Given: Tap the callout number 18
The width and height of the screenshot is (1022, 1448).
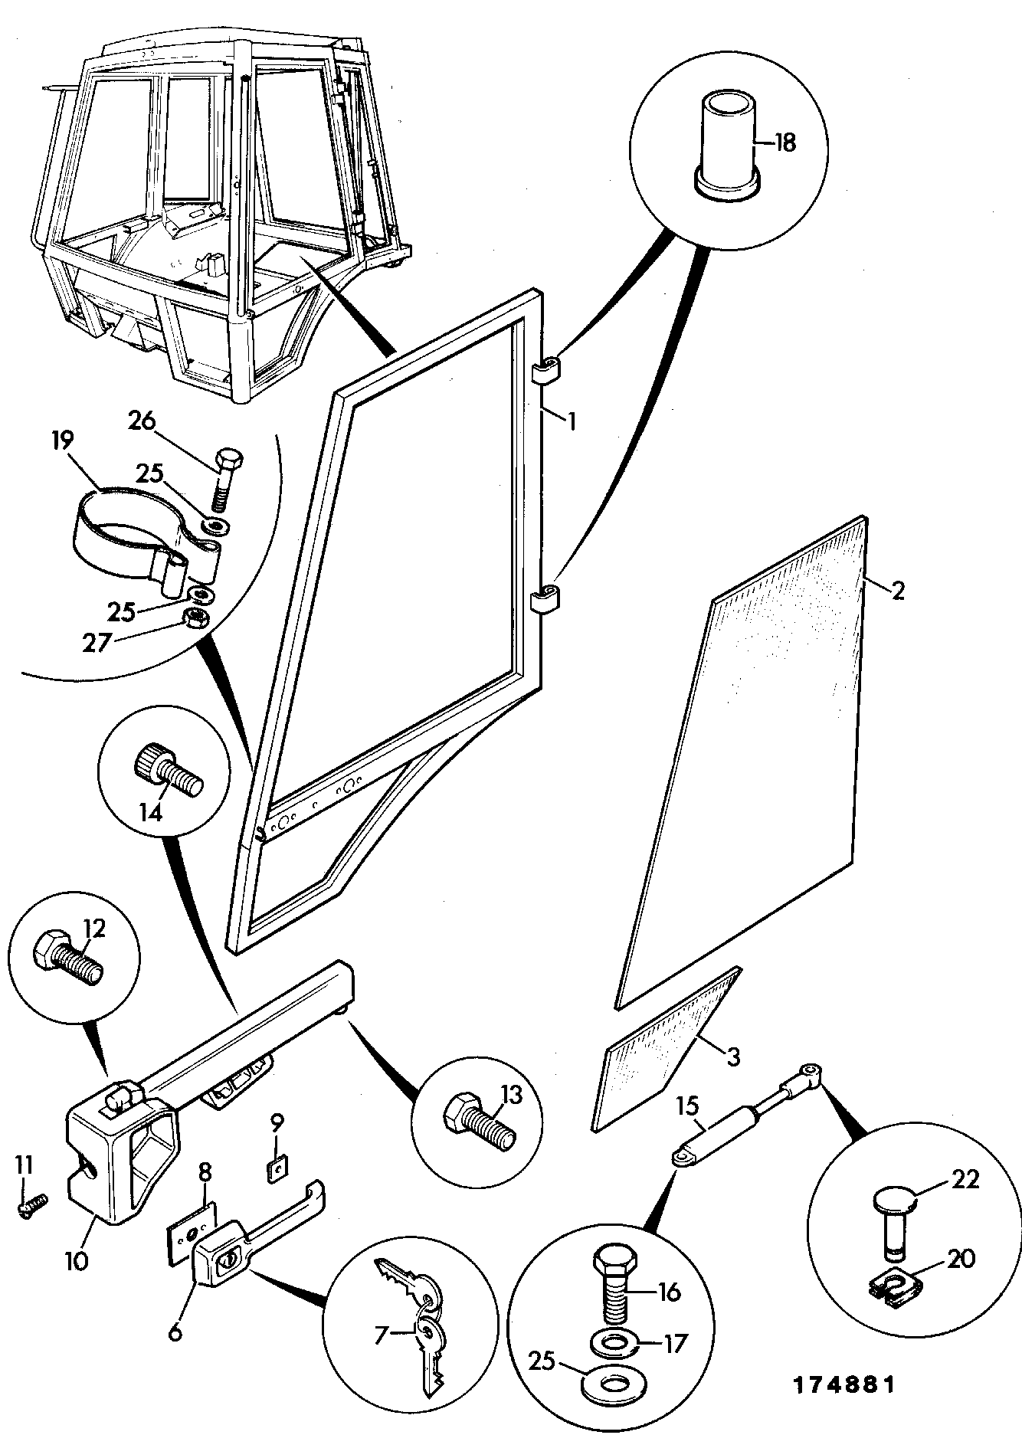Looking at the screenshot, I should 785,143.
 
